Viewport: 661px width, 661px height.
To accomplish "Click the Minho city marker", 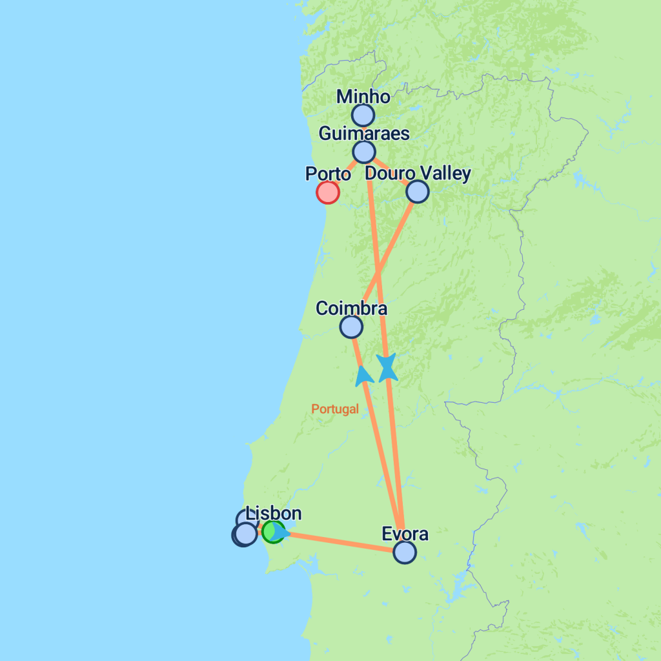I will point(363,116).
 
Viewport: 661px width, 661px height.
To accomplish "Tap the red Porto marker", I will point(328,192).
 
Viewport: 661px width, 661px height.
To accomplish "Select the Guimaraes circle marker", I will point(364,152).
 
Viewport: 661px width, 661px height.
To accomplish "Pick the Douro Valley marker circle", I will point(418,191).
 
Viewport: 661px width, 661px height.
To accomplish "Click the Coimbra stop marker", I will point(351,327).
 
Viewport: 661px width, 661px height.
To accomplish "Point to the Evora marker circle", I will point(405,552).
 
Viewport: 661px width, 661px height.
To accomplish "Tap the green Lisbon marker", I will point(272,531).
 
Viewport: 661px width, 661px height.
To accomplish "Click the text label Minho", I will point(363,97).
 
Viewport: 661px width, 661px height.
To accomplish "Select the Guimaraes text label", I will point(365,134).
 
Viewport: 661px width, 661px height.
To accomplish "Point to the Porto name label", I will point(327,174).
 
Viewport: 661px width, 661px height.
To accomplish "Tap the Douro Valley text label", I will point(418,173).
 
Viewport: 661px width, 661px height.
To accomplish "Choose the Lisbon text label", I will point(274,514).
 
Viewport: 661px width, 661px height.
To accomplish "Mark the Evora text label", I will point(405,534).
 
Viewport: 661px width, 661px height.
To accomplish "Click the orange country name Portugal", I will point(335,409).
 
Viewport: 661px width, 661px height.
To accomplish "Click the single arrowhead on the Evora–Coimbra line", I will point(364,375).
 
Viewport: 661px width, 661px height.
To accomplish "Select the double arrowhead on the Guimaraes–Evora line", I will point(387,367).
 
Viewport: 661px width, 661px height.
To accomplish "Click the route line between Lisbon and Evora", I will point(342,542).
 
